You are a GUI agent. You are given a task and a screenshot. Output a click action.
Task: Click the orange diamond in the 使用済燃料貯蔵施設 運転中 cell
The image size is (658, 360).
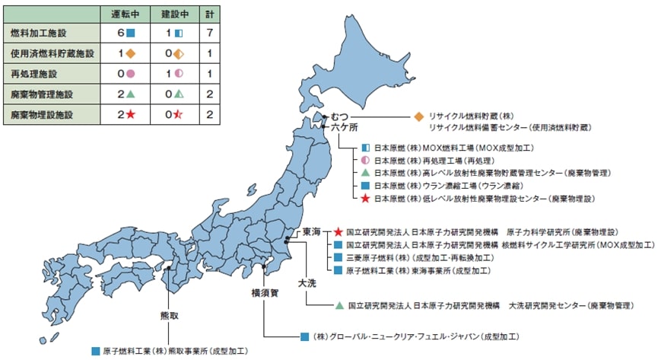pos(130,54)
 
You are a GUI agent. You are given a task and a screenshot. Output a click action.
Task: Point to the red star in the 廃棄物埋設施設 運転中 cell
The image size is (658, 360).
pos(131,114)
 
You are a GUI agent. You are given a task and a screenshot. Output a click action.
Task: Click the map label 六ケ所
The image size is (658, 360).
pos(344,128)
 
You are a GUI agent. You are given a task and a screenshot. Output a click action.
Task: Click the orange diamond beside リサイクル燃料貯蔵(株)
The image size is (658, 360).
pos(418,116)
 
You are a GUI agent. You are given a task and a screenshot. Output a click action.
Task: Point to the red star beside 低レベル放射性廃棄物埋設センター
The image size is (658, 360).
pos(365,198)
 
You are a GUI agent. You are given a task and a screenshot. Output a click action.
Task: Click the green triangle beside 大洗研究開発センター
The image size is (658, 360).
pos(339,305)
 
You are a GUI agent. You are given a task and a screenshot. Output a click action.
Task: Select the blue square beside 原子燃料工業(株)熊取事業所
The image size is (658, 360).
pos(95,351)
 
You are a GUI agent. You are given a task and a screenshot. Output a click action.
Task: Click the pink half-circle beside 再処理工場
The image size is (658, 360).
pos(365,160)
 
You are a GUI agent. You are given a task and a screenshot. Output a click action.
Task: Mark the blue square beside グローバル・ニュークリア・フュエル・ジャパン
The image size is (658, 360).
pos(304,336)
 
